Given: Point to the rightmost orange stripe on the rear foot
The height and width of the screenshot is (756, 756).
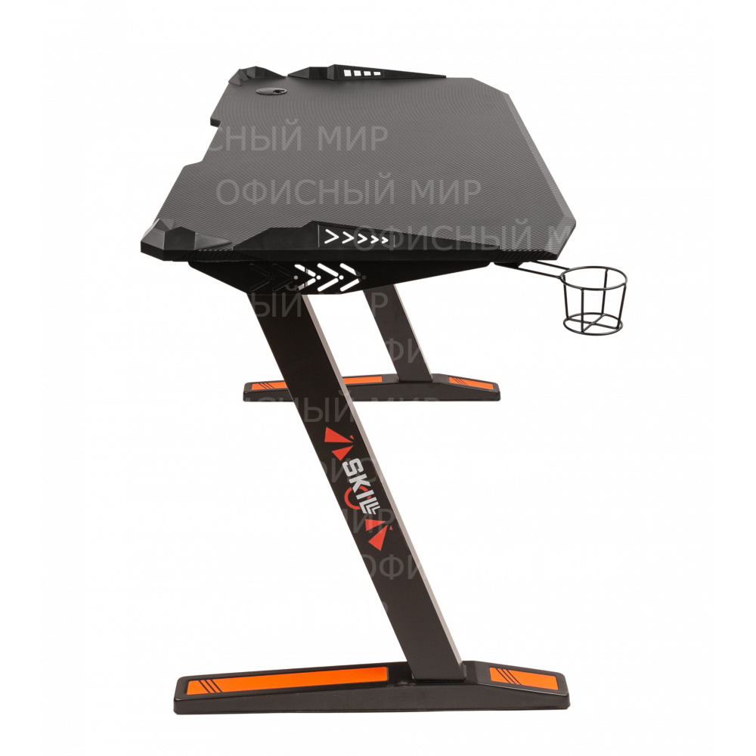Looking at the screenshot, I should point(467,386).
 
